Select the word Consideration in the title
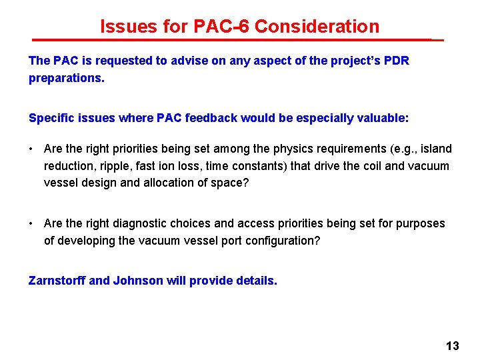317,27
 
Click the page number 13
453,345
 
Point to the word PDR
396,61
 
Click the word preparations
65,78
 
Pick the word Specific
51,118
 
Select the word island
435,149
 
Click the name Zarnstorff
57,281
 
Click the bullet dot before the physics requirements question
32,149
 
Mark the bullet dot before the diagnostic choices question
32,223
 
